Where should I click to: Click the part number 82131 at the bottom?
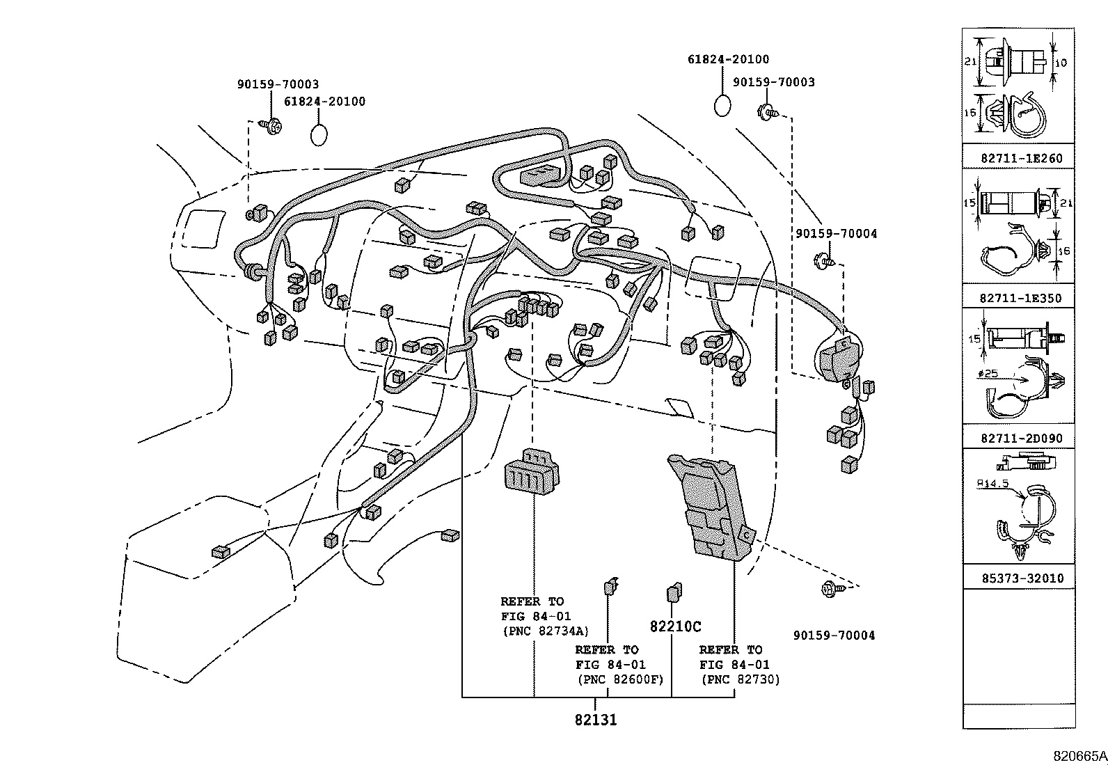click(596, 720)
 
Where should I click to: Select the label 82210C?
click(675, 626)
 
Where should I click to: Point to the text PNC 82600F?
click(619, 679)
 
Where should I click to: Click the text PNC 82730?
click(741, 679)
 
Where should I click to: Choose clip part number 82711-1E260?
click(1021, 159)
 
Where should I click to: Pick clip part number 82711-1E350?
click(1021, 299)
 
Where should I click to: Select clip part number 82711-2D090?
click(1021, 439)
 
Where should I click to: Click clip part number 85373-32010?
click(1021, 578)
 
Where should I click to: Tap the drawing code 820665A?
click(1079, 756)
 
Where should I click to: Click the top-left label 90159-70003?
click(278, 84)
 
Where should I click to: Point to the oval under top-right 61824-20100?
click(723, 106)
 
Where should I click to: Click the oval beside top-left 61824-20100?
click(319, 134)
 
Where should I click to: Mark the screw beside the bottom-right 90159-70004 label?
click(831, 588)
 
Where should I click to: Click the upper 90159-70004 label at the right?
click(836, 234)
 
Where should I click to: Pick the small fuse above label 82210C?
click(674, 592)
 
